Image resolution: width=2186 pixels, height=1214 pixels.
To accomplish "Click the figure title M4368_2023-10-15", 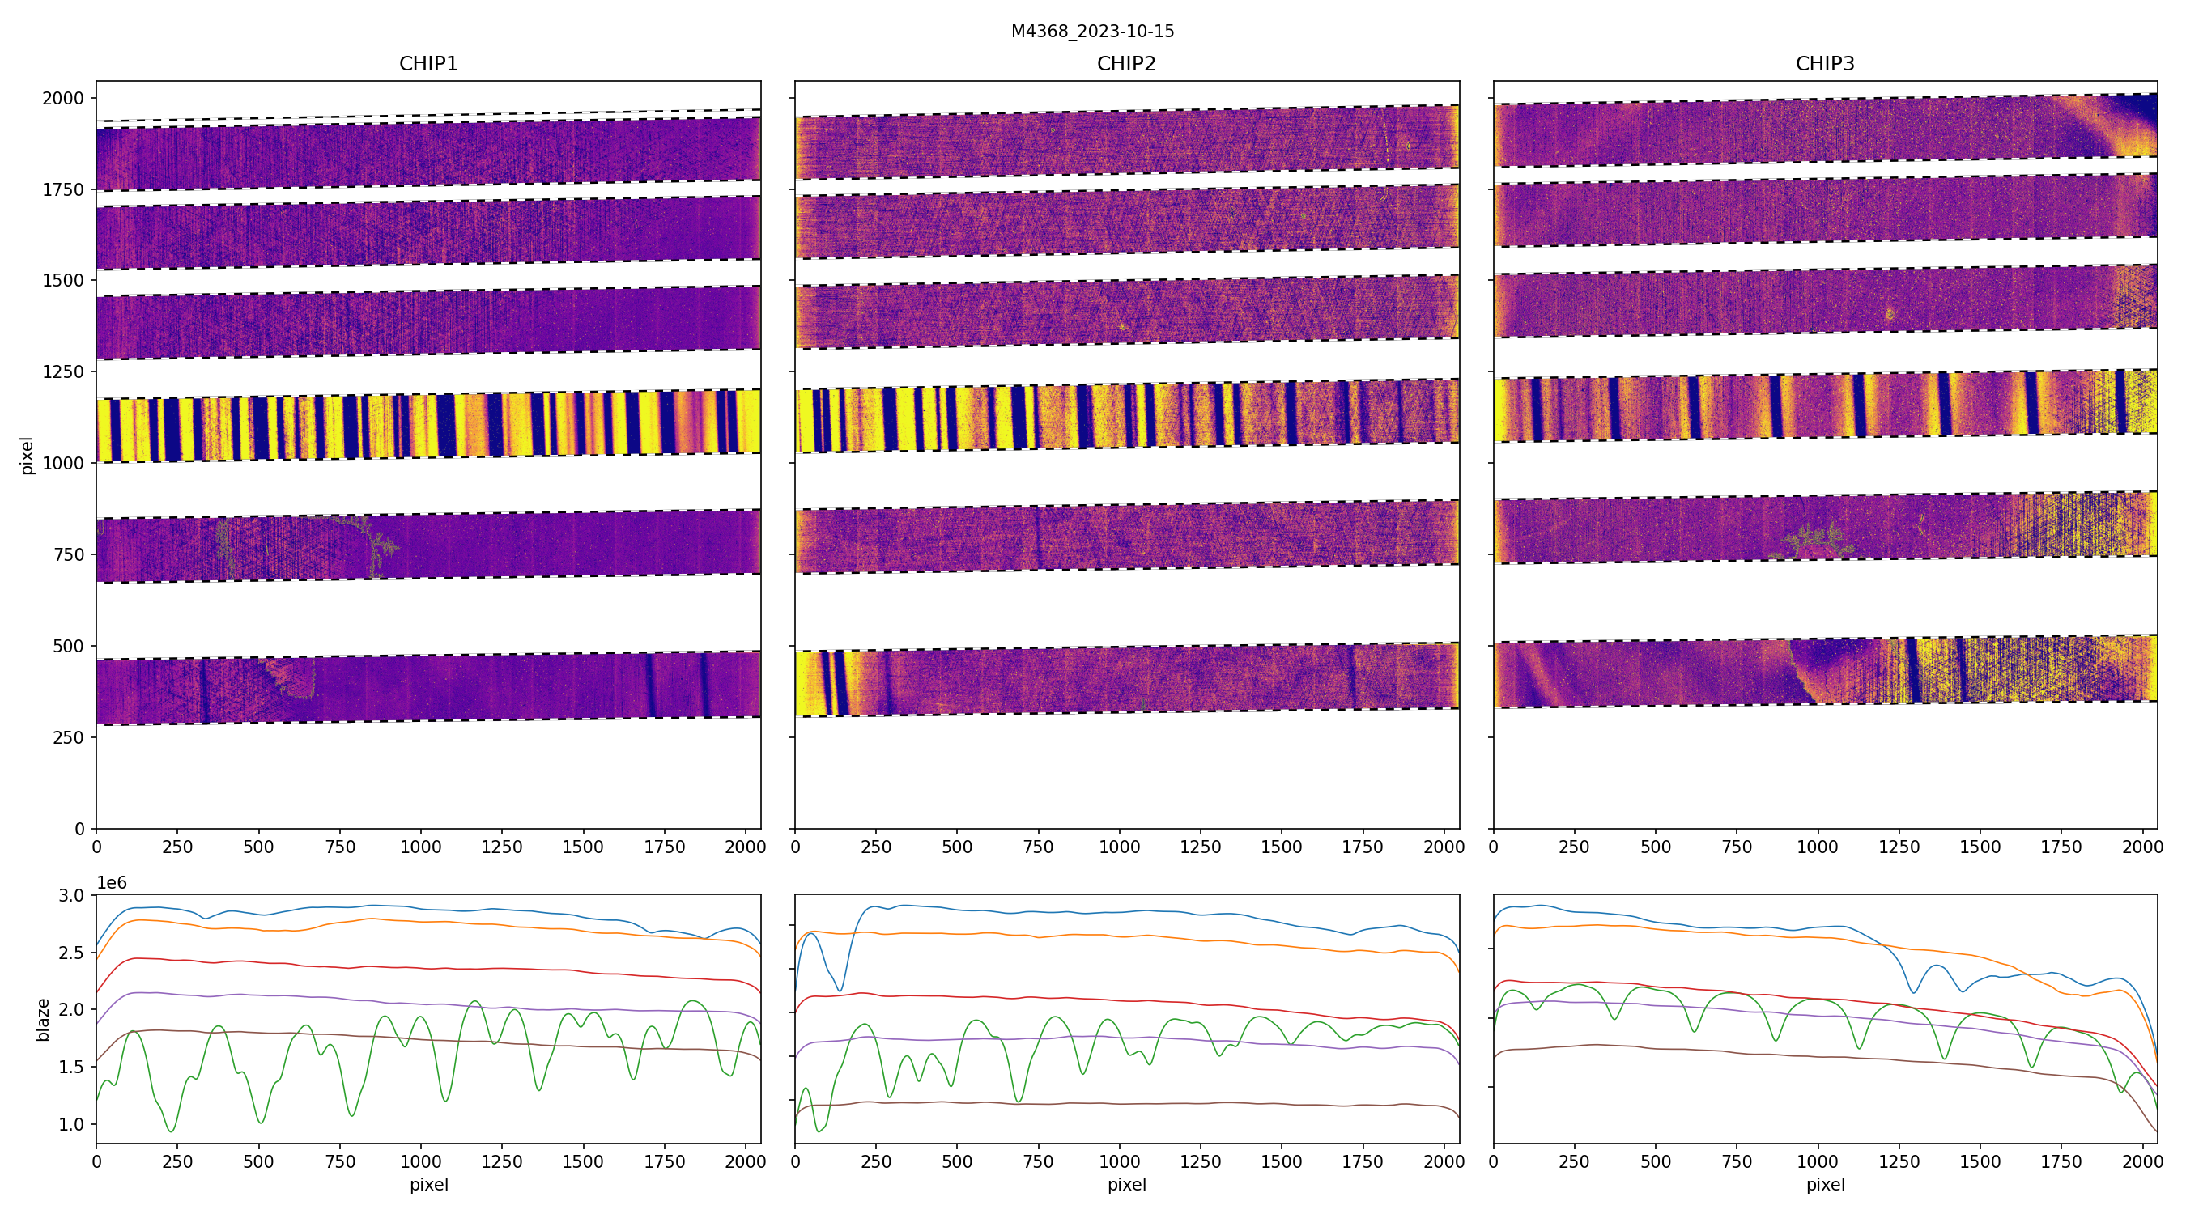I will pyautogui.click(x=1092, y=32).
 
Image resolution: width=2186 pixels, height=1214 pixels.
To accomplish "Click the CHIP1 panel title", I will pyautogui.click(x=428, y=64).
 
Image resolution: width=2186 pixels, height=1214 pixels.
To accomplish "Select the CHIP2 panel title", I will pyautogui.click(x=1126, y=64).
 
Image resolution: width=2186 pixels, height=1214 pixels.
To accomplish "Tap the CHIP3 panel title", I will pyautogui.click(x=1824, y=64).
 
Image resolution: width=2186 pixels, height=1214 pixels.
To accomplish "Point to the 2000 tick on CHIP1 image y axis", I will pyautogui.click(x=64, y=99).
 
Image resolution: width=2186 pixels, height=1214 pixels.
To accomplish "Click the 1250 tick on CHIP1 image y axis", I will pyautogui.click(x=64, y=371).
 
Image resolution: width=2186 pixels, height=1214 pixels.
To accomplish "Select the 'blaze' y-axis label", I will pyautogui.click(x=43, y=1020).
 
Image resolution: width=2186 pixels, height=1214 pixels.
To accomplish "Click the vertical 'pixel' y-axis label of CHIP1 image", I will pyautogui.click(x=28, y=456).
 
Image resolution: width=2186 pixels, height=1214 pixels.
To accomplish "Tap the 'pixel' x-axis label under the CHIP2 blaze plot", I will pyautogui.click(x=1126, y=1184).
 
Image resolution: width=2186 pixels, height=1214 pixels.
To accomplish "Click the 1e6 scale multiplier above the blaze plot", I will pyautogui.click(x=112, y=883).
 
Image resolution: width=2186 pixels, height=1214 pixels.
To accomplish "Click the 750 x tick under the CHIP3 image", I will pyautogui.click(x=1736, y=847).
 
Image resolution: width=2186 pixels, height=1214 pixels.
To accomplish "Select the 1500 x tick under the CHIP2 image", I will pyautogui.click(x=1282, y=847).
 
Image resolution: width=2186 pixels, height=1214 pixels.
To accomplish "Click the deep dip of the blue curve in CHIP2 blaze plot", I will pyautogui.click(x=840, y=990).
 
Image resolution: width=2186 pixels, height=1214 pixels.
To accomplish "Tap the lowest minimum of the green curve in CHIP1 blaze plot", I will pyautogui.click(x=172, y=1131).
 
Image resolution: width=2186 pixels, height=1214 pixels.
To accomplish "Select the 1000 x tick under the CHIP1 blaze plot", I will pyautogui.click(x=421, y=1161).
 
